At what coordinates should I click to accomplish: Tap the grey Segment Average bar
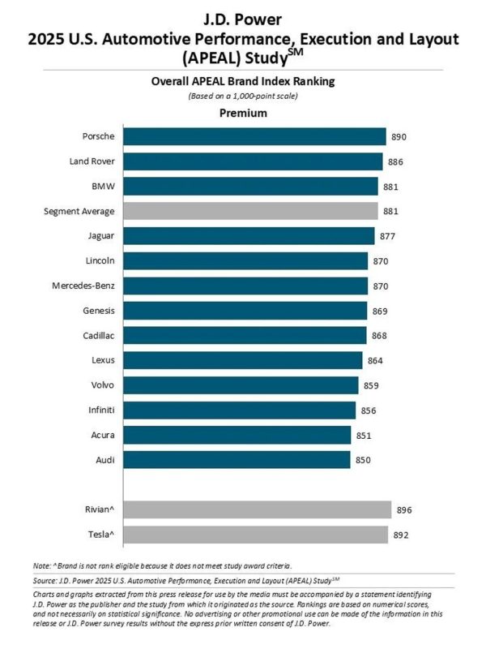[x=251, y=211]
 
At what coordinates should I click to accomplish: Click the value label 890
[x=400, y=136]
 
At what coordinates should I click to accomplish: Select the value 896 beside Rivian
[x=404, y=509]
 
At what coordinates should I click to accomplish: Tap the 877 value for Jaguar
[x=389, y=236]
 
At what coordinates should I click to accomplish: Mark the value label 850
[x=364, y=460]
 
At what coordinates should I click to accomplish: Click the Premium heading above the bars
[x=243, y=114]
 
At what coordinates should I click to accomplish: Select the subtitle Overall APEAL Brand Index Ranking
[x=243, y=82]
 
